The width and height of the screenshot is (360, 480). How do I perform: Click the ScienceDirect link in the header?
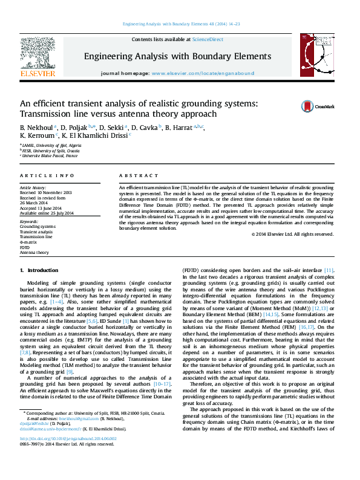coord(208,39)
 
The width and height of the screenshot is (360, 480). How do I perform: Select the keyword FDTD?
coord(25,247)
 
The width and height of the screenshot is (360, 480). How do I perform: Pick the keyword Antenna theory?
coord(34,253)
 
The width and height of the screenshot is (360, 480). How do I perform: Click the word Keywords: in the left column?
coord(29,221)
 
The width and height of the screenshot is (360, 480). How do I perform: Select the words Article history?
coord(33,188)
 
